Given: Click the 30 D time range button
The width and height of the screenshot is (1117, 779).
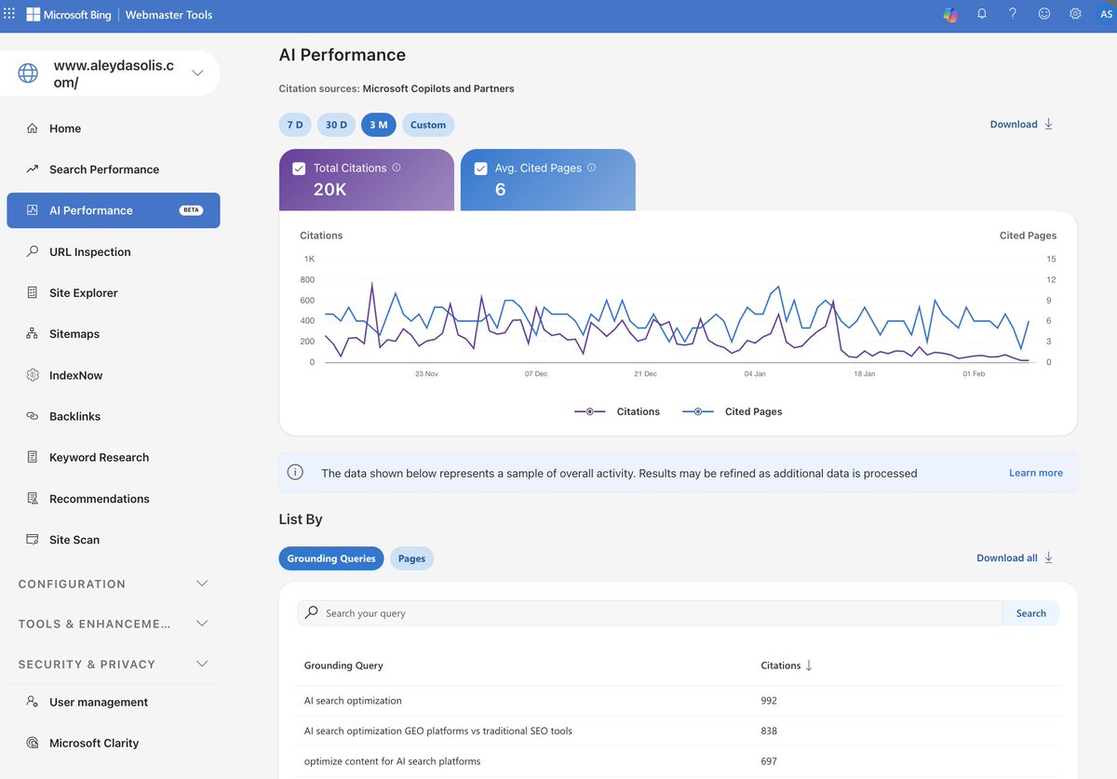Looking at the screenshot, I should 336,125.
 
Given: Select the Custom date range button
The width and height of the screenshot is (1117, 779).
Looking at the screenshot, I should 428,125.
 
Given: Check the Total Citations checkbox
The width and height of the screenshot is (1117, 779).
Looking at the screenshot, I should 299,168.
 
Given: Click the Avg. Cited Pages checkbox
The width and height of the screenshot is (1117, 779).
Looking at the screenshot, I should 480,168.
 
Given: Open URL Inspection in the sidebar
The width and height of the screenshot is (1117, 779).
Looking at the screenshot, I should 89,251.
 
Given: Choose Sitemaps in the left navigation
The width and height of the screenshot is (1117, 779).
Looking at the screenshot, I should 74,334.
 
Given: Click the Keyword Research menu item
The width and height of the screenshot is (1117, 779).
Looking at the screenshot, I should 99,457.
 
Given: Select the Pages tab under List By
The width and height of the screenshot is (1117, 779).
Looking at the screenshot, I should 411,558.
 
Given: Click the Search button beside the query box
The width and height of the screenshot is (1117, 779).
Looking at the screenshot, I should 1030,613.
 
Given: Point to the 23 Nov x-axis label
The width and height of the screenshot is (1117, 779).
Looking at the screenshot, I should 425,374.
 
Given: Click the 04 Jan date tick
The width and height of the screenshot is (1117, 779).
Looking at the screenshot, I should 755,374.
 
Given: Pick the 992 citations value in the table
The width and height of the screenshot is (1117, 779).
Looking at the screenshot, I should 769,701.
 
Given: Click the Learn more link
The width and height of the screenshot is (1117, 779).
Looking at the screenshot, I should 1035,473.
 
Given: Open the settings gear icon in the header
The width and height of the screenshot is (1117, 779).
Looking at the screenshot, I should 1075,14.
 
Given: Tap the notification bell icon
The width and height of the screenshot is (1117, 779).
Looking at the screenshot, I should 981,14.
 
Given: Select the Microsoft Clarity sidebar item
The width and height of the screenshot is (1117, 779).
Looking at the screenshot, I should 94,743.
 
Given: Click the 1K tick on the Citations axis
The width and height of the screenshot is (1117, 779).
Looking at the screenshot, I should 308,259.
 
